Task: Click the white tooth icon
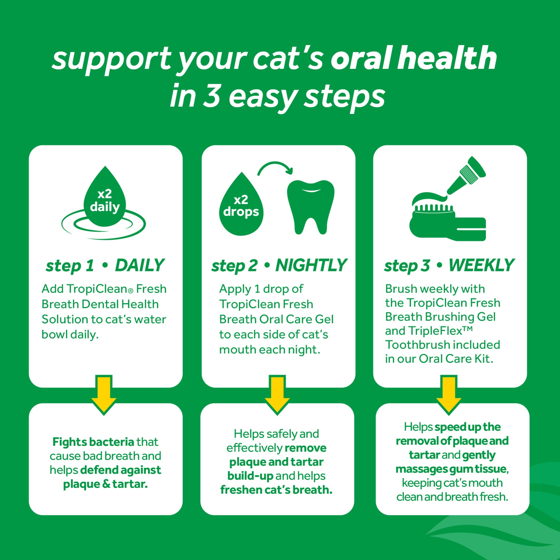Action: (x=311, y=206)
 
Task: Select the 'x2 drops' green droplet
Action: (x=241, y=205)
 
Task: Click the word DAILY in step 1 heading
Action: (x=139, y=265)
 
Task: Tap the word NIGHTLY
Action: (x=311, y=265)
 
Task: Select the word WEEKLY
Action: (x=481, y=265)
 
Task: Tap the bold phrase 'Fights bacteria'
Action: (x=93, y=442)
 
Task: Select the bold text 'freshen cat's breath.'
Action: (x=276, y=490)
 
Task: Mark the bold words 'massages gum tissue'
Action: (x=451, y=469)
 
